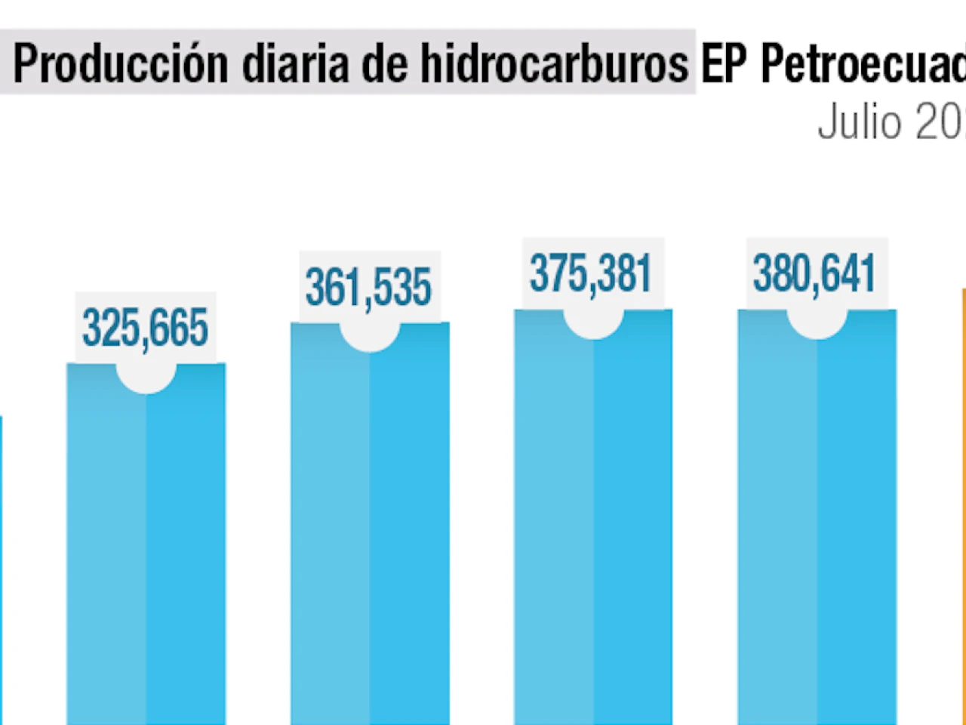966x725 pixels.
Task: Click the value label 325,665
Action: pyautogui.click(x=145, y=328)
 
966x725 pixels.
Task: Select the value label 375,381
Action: pyautogui.click(x=590, y=273)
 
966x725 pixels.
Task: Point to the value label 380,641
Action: pyautogui.click(x=814, y=273)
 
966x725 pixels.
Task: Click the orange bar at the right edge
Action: pyautogui.click(x=963, y=506)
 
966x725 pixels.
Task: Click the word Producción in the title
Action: pyautogui.click(x=121, y=63)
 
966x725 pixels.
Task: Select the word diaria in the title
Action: pyautogui.click(x=295, y=63)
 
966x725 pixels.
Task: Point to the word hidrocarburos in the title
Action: pyautogui.click(x=554, y=63)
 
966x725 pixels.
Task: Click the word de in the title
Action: pyautogui.click(x=384, y=63)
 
